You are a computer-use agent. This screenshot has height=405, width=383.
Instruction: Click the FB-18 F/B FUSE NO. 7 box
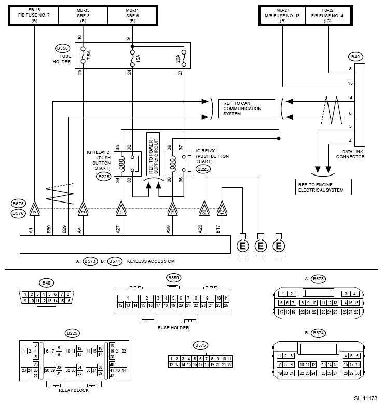tap(34, 16)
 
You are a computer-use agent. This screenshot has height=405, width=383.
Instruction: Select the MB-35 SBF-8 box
tap(83, 16)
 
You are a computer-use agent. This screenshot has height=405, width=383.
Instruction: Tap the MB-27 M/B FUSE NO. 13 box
tap(283, 16)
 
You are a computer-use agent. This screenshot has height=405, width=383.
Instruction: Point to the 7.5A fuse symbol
tap(83, 55)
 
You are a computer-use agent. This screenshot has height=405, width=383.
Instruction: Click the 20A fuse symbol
tap(184, 58)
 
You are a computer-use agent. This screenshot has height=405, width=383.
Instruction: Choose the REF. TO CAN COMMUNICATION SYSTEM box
tap(247, 109)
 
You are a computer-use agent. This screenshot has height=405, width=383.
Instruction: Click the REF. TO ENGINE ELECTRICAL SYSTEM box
tap(323, 187)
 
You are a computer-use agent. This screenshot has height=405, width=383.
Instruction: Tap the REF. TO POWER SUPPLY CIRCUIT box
tap(153, 154)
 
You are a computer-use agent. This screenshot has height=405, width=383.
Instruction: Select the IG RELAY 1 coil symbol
tap(173, 164)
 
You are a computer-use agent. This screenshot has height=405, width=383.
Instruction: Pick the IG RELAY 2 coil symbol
tap(121, 164)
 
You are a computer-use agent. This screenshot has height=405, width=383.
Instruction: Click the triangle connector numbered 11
tap(121, 209)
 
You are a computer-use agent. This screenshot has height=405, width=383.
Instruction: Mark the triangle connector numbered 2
tap(34, 209)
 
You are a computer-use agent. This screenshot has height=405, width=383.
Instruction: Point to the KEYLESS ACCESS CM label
tap(151, 261)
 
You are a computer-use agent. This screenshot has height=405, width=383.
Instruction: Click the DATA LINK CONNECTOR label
tap(350, 154)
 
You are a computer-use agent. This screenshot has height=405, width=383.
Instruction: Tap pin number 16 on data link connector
tap(350, 83)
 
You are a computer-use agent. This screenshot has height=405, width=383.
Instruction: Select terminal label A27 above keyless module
tap(118, 230)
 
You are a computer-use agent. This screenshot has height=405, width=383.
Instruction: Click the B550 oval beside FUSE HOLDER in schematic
tap(62, 48)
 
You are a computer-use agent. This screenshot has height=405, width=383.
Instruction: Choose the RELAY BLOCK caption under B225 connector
tap(74, 390)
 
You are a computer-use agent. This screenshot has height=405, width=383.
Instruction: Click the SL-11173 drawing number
tap(366, 398)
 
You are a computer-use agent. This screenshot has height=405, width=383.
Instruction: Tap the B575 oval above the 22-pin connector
tap(200, 345)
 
